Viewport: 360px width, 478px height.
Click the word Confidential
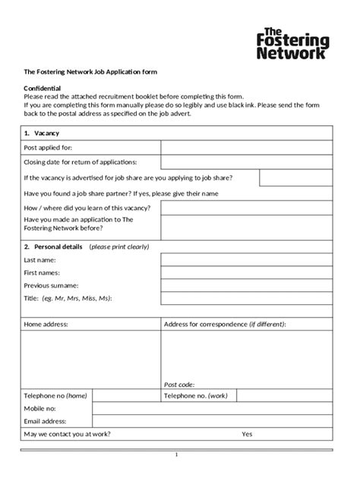(x=42, y=89)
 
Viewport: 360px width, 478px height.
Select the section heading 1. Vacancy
(x=39, y=133)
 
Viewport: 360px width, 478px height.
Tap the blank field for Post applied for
(x=246, y=147)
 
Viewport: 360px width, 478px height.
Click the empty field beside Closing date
(x=246, y=162)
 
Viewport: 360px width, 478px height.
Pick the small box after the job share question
(x=295, y=178)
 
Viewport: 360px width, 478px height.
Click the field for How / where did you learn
(x=246, y=207)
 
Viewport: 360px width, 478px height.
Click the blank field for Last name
(x=246, y=260)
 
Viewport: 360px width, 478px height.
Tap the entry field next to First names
(x=246, y=273)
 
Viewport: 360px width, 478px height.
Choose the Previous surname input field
(x=246, y=286)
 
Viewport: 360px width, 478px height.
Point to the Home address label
(x=46, y=324)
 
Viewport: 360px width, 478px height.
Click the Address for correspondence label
(x=225, y=324)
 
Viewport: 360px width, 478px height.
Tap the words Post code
(x=179, y=385)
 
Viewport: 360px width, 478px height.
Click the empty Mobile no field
(x=212, y=408)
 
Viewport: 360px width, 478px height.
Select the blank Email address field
(x=212, y=421)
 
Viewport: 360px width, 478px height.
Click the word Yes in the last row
(x=247, y=434)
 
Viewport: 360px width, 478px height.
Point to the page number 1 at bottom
(x=176, y=455)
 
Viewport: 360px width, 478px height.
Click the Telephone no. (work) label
(x=196, y=396)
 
